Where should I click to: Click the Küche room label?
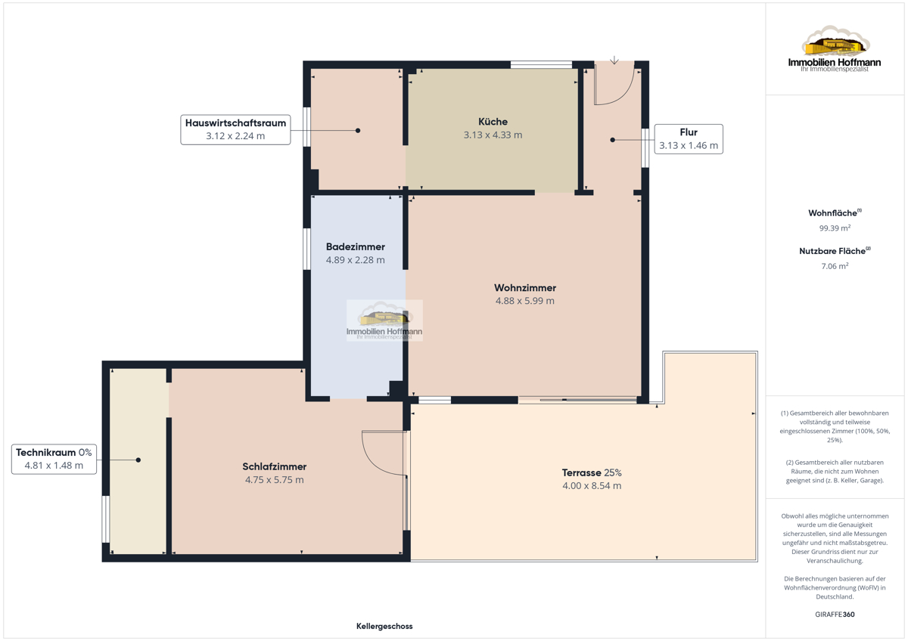(493, 122)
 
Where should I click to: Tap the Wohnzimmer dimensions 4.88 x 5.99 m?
(525, 301)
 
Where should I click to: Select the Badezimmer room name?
(356, 246)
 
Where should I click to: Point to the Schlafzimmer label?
(275, 466)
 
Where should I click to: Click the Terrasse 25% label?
(592, 472)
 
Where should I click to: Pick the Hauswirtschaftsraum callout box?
(235, 129)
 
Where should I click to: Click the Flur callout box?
(689, 139)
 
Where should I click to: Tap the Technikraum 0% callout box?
(54, 459)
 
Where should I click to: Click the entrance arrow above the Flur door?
(614, 60)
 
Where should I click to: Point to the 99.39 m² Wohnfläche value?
(835, 228)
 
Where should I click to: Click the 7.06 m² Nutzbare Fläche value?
(835, 266)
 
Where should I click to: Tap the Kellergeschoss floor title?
(384, 626)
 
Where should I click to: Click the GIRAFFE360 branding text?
(835, 615)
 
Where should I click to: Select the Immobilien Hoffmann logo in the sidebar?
(835, 48)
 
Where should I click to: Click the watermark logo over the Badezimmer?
(384, 320)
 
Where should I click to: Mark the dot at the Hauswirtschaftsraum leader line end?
(358, 130)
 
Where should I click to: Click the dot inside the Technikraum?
(138, 460)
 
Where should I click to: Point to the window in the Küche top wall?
(541, 64)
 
